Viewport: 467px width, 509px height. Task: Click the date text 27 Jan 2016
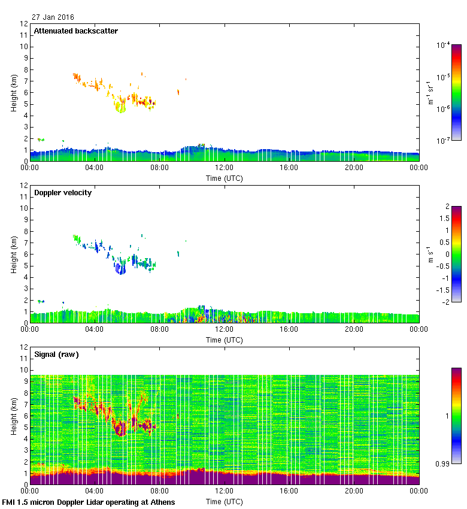53,17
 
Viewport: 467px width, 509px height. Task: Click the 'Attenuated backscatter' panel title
75,31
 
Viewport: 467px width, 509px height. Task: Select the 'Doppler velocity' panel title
63,193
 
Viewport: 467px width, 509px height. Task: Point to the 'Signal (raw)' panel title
56,355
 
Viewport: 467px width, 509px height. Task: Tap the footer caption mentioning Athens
89,502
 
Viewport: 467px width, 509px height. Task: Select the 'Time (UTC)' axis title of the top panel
225,178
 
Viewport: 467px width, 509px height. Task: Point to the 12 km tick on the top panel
24,24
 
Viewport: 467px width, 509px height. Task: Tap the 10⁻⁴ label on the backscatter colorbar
444,45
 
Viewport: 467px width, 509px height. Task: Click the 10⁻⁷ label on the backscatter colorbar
444,141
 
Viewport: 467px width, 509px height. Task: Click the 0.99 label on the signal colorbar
444,463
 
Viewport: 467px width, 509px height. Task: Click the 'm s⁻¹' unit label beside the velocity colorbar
430,254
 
